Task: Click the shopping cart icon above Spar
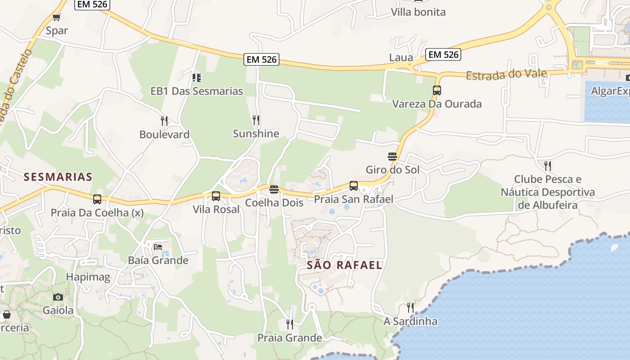[56, 18]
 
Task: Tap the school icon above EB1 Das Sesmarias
[196, 78]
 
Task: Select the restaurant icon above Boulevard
[164, 121]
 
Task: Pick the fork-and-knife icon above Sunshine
[256, 120]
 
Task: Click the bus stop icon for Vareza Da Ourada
[436, 90]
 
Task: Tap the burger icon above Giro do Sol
[392, 157]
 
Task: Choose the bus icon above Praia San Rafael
[354, 185]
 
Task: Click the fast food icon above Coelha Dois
[274, 189]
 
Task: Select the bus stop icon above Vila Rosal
[216, 196]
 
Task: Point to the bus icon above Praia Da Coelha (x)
[97, 199]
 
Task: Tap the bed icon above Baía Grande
[158, 247]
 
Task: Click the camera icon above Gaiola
[58, 297]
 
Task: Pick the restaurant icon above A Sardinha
[410, 308]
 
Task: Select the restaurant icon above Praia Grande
[290, 324]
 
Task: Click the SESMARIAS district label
[58, 177]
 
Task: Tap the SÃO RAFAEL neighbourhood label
[344, 265]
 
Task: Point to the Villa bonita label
[418, 12]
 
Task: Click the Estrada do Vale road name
[506, 74]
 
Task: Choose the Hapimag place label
[88, 277]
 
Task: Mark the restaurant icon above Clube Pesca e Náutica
[548, 166]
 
